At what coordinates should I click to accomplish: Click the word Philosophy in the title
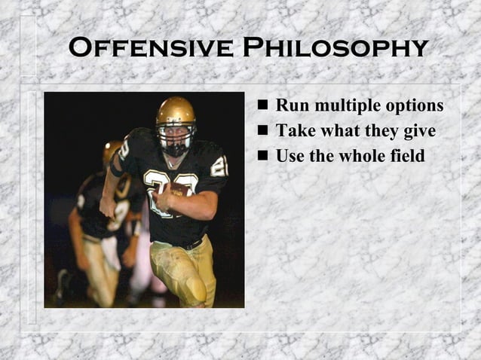[x=335, y=47]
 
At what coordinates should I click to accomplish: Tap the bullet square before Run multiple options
[x=262, y=105]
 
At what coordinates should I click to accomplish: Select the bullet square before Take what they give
[x=262, y=131]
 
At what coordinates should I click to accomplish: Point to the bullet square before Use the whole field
[x=262, y=157]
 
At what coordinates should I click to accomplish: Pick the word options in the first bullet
[x=415, y=106]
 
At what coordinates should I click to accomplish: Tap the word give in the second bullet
[x=419, y=131]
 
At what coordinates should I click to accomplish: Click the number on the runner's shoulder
[x=219, y=166]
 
